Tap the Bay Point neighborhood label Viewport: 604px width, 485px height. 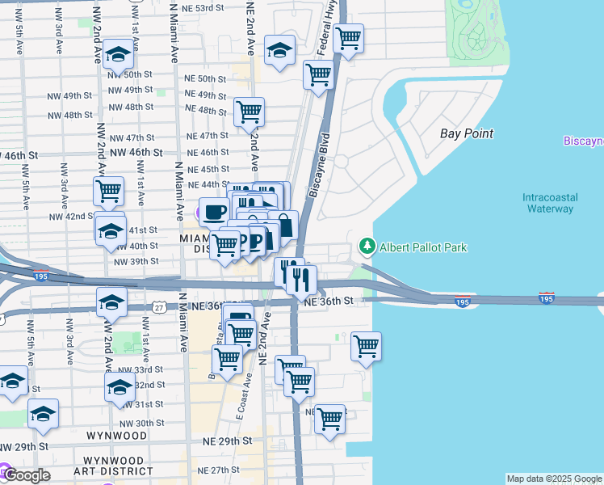[466, 133]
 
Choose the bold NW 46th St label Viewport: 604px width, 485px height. [136, 152]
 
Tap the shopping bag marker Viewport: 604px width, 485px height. [283, 225]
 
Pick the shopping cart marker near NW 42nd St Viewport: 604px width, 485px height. [108, 192]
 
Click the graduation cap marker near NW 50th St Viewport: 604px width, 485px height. [118, 54]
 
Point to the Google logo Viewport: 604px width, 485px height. [26, 475]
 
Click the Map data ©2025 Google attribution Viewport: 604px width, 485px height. [554, 479]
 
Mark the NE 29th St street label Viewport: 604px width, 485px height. [223, 441]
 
